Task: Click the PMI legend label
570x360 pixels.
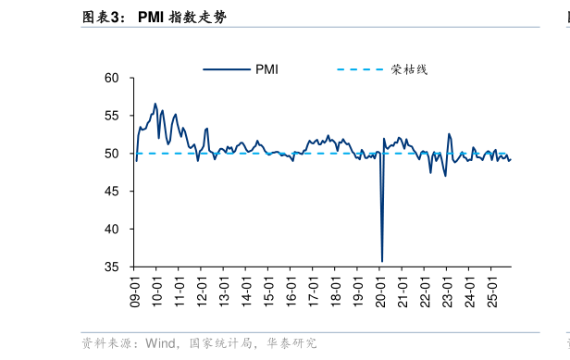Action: click(266, 69)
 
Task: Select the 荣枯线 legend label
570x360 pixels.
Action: click(409, 69)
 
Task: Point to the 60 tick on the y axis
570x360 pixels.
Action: click(112, 79)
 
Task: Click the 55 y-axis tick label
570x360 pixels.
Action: click(112, 116)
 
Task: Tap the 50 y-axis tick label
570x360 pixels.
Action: click(112, 154)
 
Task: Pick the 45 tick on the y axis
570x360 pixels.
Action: click(112, 192)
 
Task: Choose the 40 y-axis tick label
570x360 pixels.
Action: click(112, 229)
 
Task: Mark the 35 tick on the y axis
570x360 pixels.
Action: click(112, 267)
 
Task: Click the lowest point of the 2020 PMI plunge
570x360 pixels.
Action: click(382, 261)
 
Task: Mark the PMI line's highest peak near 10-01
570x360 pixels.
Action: click(155, 104)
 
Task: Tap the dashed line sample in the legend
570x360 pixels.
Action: click(361, 69)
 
